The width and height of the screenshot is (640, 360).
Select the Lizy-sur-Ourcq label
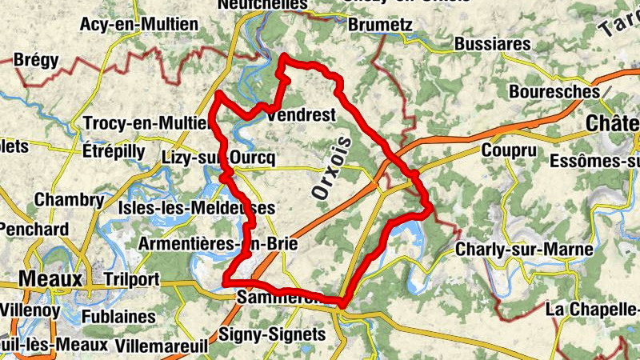218,158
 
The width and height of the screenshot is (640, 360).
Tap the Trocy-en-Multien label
146,124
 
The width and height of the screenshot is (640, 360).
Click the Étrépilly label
114,151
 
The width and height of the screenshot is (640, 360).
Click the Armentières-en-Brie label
218,243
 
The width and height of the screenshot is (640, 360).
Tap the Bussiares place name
492,43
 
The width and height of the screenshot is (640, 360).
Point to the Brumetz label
381,26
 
